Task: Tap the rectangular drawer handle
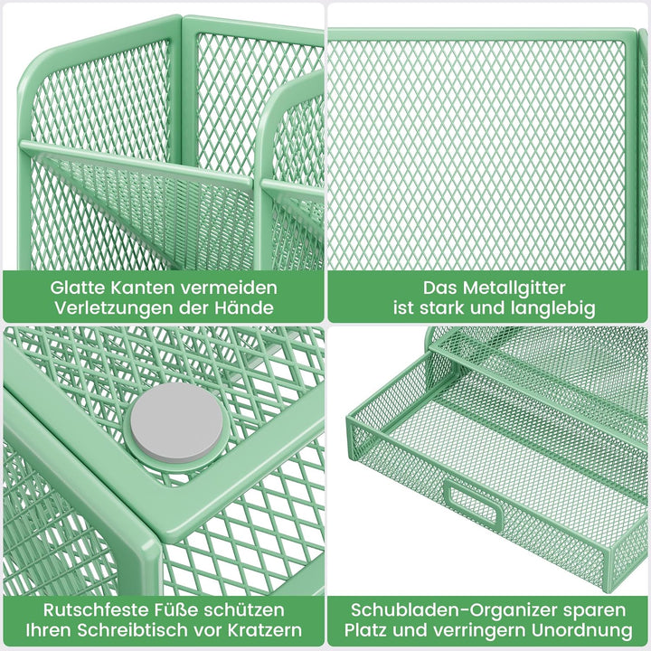tap(472, 502)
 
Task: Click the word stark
tap(440, 308)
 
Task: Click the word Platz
tap(366, 630)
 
